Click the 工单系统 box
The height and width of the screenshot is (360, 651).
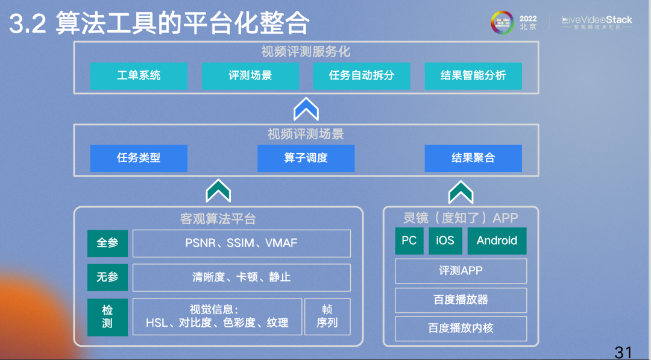(x=139, y=75)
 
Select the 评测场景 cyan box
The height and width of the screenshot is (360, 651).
(x=250, y=75)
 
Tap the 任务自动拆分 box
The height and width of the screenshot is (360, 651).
(x=362, y=75)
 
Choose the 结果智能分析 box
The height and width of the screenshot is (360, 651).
(x=473, y=75)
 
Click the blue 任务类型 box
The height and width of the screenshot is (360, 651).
(x=139, y=158)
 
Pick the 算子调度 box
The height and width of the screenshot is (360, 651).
(x=306, y=158)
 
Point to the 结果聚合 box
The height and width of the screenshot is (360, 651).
(x=473, y=158)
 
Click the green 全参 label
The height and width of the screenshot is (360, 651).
(x=107, y=244)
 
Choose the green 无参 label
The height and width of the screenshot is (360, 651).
(x=107, y=277)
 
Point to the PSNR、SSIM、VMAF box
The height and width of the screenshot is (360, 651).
(x=242, y=244)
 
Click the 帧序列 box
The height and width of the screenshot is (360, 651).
(x=327, y=317)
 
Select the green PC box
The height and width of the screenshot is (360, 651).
(x=409, y=241)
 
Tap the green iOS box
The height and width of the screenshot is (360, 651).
(x=445, y=241)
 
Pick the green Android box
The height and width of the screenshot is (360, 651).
(x=497, y=241)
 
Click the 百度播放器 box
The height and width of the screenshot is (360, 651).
(x=461, y=300)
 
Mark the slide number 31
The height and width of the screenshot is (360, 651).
(x=623, y=353)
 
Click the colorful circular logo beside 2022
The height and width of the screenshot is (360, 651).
(x=502, y=22)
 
